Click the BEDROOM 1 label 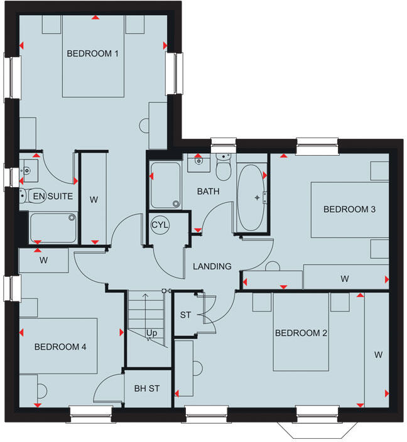pos(93,54)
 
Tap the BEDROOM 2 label pos(301,333)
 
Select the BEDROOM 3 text pos(349,210)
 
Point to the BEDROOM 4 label pos(60,347)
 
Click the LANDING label pos(212,266)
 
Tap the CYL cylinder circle pos(160,225)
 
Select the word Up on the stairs pos(151,333)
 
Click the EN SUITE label pos(53,197)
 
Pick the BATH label pos(208,191)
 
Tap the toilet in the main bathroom pos(223,168)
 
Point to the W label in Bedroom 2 pos(378,355)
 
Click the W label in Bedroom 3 pos(345,278)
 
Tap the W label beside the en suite pos(94,200)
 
